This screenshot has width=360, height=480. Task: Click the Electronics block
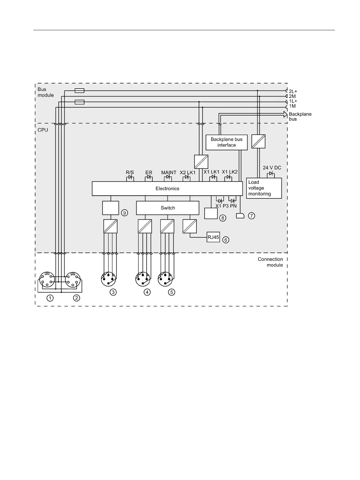(167, 188)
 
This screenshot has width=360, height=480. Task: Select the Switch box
(167, 208)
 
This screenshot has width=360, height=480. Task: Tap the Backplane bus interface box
(226, 142)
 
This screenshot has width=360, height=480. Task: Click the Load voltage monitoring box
(264, 188)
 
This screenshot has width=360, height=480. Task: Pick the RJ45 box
(213, 237)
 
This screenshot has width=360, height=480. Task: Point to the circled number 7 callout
(251, 216)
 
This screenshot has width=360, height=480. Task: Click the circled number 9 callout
(124, 213)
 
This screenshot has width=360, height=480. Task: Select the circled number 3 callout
(113, 292)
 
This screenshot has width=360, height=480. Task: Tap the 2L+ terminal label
(293, 91)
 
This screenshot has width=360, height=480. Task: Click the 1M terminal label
(292, 106)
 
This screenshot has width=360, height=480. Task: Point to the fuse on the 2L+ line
(79, 90)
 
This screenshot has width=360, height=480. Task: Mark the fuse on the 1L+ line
(79, 102)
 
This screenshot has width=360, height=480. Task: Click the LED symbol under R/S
(130, 178)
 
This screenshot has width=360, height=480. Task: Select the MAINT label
(169, 172)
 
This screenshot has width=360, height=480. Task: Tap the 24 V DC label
(272, 168)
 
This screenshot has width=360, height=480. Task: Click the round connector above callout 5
(165, 279)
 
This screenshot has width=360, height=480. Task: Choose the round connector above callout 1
(47, 279)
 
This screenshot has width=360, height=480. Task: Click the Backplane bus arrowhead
(285, 114)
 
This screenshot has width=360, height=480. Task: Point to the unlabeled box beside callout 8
(211, 213)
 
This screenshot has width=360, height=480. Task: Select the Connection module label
(270, 262)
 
